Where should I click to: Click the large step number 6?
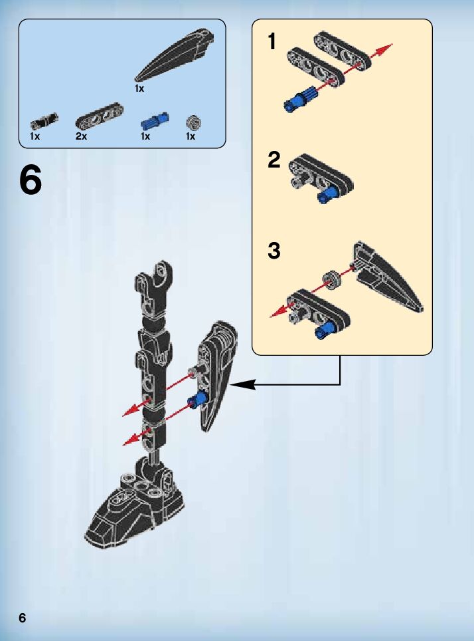pyautogui.click(x=31, y=180)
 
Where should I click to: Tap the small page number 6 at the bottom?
pyautogui.click(x=23, y=618)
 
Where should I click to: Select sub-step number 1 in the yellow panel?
pyautogui.click(x=272, y=42)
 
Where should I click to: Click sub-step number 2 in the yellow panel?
pyautogui.click(x=274, y=160)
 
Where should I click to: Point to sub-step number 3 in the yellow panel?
pyautogui.click(x=274, y=251)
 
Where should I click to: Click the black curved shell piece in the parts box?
pyautogui.click(x=177, y=56)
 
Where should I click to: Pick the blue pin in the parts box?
pyautogui.click(x=155, y=121)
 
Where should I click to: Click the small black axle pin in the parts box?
pyautogui.click(x=44, y=121)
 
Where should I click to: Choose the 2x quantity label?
pyautogui.click(x=81, y=136)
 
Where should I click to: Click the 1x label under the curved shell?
pyautogui.click(x=139, y=88)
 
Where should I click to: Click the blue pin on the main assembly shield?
pyautogui.click(x=197, y=400)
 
